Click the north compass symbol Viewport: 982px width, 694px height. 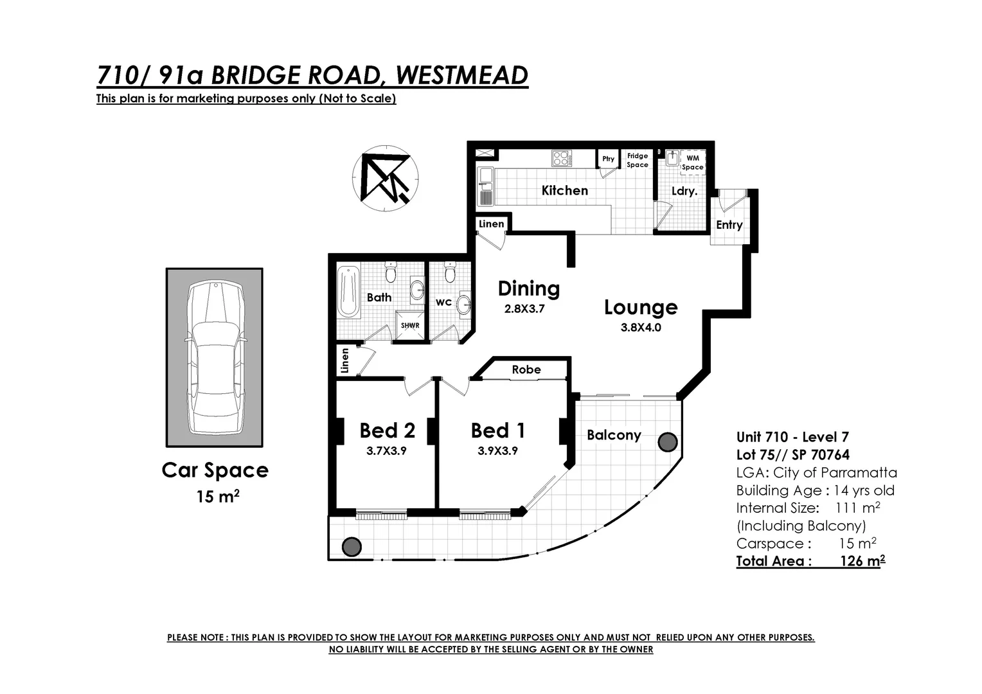(386, 177)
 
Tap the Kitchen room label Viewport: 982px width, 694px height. (564, 190)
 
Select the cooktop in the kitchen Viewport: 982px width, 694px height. (561, 157)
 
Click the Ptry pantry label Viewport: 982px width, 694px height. (608, 159)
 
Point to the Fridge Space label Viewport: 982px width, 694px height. (638, 160)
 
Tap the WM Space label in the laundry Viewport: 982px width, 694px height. (692, 163)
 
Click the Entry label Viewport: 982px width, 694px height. (729, 225)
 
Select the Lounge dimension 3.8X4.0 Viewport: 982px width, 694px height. (641, 327)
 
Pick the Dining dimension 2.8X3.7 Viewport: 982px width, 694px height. (524, 308)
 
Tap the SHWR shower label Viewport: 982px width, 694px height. (410, 325)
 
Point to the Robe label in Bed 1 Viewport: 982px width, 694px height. (526, 369)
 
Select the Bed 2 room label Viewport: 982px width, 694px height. (387, 430)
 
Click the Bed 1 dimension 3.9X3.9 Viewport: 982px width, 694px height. (497, 451)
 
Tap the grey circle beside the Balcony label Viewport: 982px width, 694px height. (668, 441)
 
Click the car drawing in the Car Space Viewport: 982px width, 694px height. (215, 358)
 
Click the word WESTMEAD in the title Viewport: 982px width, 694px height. (461, 75)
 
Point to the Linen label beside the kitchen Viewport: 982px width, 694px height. (492, 224)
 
